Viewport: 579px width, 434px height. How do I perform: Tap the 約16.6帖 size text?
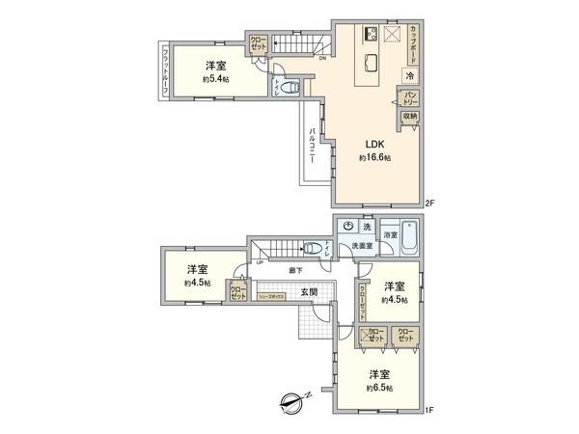click(376, 157)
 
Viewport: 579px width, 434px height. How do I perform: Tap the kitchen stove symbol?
click(371, 36)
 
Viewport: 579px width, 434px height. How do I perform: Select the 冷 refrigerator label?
click(410, 75)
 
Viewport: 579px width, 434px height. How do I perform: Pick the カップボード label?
click(414, 43)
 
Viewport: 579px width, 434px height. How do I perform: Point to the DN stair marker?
click(321, 58)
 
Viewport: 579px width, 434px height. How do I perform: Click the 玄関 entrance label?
click(308, 292)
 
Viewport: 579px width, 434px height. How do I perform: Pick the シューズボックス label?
click(277, 298)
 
